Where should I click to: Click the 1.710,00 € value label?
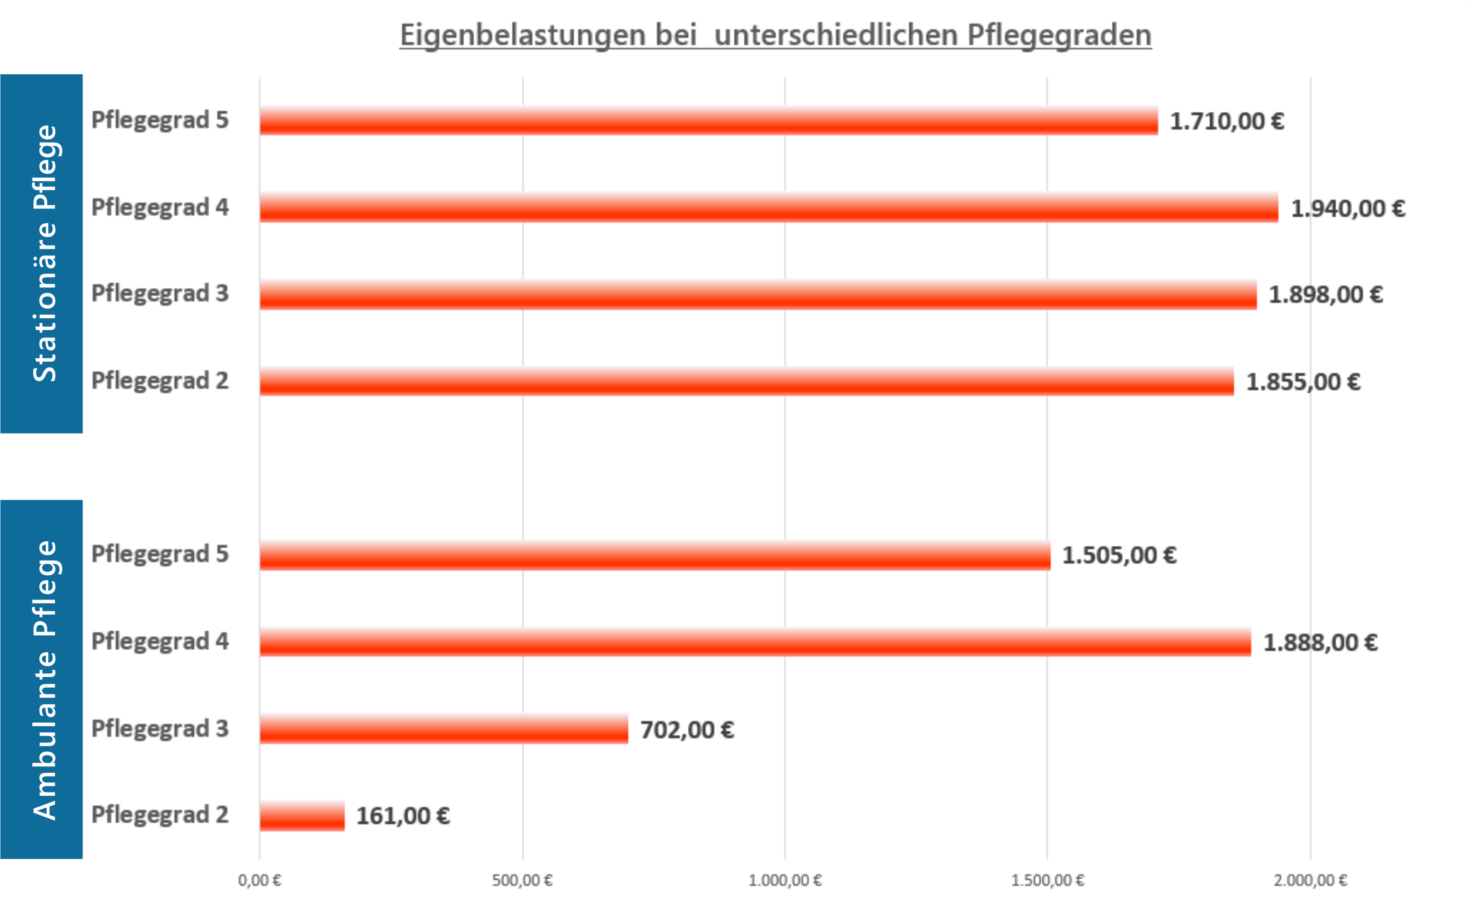pos(1226,121)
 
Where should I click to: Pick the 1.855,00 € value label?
pos(1303,382)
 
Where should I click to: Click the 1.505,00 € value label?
pos(1119,556)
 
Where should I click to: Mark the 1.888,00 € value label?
pos(1320,643)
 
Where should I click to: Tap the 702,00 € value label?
pos(686,730)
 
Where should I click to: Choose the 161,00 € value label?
pos(403,816)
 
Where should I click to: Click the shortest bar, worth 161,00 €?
pos(302,816)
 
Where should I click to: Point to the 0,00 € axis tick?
pos(260,880)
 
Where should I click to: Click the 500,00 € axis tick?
pos(522,880)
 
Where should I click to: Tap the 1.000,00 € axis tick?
pos(785,880)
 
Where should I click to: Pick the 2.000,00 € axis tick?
pos(1311,880)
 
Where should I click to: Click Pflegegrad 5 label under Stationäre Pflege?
pos(159,120)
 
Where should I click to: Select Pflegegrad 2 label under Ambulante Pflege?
pos(159,814)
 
